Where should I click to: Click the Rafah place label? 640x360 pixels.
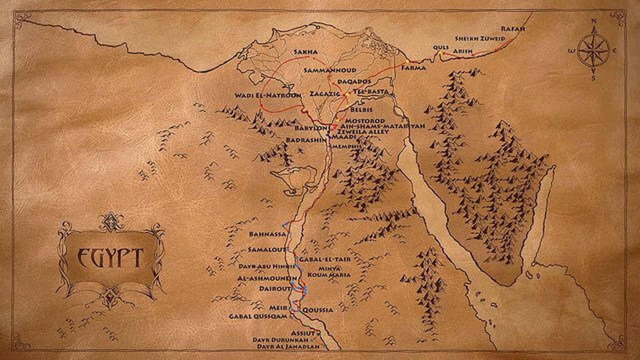tap(513, 29)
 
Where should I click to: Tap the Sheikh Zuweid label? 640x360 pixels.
tap(480, 39)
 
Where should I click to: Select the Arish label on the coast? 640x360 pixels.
tap(463, 51)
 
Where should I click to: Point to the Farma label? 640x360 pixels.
tap(414, 68)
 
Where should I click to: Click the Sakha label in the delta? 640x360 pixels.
tap(306, 52)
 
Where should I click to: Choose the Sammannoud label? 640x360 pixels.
tap(330, 70)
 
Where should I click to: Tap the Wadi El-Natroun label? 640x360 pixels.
tap(268, 96)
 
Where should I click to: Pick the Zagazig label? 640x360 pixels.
tap(324, 94)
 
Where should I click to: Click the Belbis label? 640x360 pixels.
tap(361, 110)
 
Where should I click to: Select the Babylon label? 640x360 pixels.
tap(311, 128)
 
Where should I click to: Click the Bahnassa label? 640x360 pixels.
tap(267, 234)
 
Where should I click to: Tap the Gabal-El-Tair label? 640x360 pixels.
tap(325, 259)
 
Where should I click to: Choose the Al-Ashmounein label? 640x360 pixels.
tap(267, 278)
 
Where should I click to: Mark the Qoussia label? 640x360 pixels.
tap(318, 310)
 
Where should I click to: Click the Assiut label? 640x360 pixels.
tap(303, 333)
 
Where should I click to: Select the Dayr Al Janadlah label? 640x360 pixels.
tap(288, 347)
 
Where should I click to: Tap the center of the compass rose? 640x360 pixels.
tap(594, 51)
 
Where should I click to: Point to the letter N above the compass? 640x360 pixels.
tap(594, 21)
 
